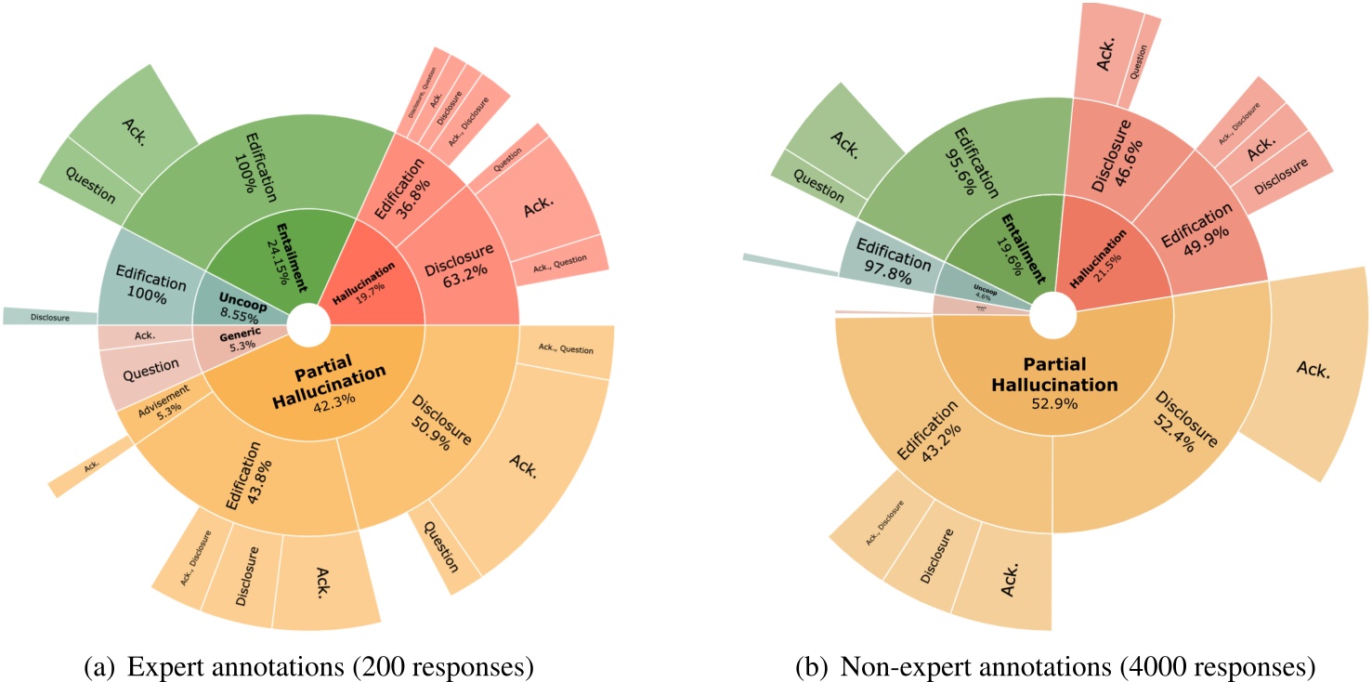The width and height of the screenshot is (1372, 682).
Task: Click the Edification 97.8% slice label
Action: coord(886,266)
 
